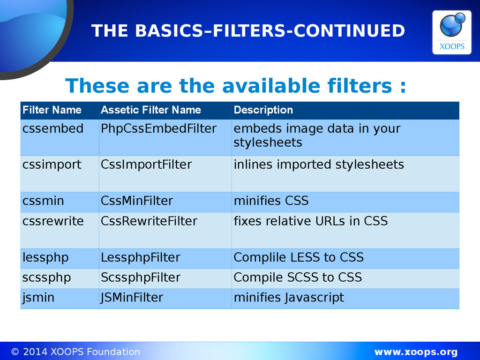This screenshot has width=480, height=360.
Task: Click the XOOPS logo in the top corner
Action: pyautogui.click(x=451, y=32)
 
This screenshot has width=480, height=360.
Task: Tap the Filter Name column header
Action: pyautogui.click(x=52, y=110)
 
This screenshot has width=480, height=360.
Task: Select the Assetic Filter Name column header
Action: pyautogui.click(x=151, y=110)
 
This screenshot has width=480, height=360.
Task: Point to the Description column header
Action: pyautogui.click(x=263, y=110)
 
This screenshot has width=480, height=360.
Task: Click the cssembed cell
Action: pyautogui.click(x=53, y=128)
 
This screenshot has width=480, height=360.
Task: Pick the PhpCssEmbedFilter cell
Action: pyautogui.click(x=158, y=128)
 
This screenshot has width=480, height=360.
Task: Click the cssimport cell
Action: pyautogui.click(x=52, y=165)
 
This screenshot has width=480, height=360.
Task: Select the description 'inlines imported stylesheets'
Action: pyautogui.click(x=319, y=165)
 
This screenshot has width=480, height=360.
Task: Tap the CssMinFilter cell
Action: pyautogui.click(x=137, y=201)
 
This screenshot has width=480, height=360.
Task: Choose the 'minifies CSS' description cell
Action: pyautogui.click(x=271, y=201)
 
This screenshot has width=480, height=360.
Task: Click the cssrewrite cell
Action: pyautogui.click(x=53, y=221)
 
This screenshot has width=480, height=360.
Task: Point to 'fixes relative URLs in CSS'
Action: pyautogui.click(x=311, y=221)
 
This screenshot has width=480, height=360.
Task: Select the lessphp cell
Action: pyautogui.click(x=45, y=258)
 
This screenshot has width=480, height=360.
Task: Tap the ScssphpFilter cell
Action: pyautogui.click(x=141, y=277)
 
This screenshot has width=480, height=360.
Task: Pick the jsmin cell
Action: pyautogui.click(x=38, y=298)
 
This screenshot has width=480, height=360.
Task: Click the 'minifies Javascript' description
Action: pyautogui.click(x=289, y=298)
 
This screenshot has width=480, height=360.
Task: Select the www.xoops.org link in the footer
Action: pyautogui.click(x=416, y=352)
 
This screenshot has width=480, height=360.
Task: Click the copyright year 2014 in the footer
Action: pyautogui.click(x=35, y=352)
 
